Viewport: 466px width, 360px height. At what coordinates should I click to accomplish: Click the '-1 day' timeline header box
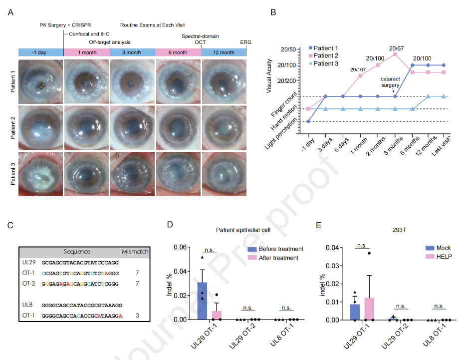pos(41,52)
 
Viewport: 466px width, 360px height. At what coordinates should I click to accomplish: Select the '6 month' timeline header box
pos(178,52)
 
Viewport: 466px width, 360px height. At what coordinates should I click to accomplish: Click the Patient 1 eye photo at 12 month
pos(224,80)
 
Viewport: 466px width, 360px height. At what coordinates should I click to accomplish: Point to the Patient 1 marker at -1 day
pos(309,121)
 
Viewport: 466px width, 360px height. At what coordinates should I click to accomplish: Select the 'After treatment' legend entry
pos(278,258)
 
